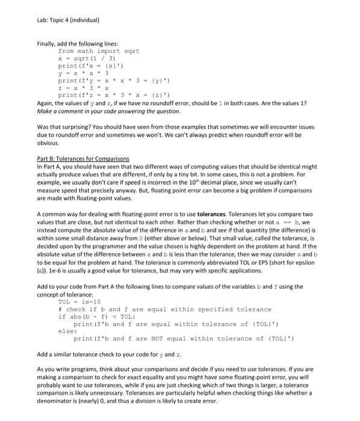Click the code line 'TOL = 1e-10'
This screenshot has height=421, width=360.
(x=80, y=302)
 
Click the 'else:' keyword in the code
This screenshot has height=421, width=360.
(x=67, y=331)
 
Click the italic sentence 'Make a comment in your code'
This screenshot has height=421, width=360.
(x=108, y=111)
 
